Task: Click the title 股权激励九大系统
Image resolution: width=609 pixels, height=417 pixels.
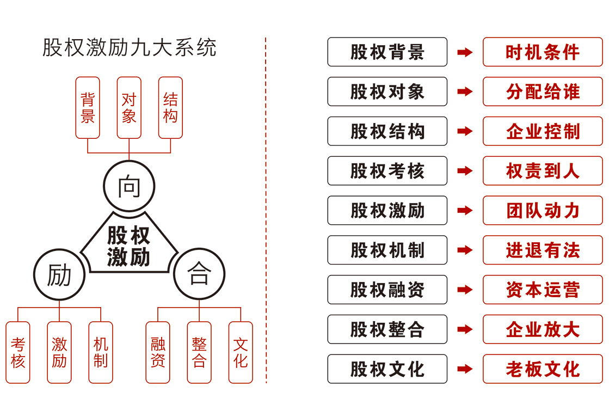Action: coord(130,48)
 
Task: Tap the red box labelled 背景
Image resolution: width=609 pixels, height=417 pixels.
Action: coord(88,108)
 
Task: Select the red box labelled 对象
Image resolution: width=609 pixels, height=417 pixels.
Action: coord(129,108)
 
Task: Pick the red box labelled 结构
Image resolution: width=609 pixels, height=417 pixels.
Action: coord(170,108)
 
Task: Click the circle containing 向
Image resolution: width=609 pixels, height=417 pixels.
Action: coord(129,187)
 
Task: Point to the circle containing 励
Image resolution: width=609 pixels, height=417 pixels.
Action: coord(59,275)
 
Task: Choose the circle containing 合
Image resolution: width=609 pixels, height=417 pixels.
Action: coord(199,275)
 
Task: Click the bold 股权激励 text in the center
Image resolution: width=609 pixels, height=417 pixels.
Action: coord(129,246)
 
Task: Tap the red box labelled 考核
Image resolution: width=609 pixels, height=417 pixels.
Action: coord(18,352)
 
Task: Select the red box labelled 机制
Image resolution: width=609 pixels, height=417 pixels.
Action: coord(101,352)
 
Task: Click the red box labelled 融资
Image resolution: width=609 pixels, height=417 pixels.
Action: coord(158,352)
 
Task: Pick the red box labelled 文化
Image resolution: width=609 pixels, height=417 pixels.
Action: coord(241,352)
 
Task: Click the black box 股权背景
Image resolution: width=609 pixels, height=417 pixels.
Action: coord(387,52)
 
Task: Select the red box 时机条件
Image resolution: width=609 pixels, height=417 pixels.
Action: coord(543,52)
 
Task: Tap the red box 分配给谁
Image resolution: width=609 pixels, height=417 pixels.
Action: coord(543,92)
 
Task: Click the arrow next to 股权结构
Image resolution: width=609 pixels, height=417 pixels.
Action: coord(465,131)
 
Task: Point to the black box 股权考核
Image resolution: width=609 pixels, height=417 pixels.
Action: coord(387,171)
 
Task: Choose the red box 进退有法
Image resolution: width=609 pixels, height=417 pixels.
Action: coord(543,250)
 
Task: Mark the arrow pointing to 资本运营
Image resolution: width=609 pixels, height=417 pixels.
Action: coord(465,290)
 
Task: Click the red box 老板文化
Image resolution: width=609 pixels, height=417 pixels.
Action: coord(543,369)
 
